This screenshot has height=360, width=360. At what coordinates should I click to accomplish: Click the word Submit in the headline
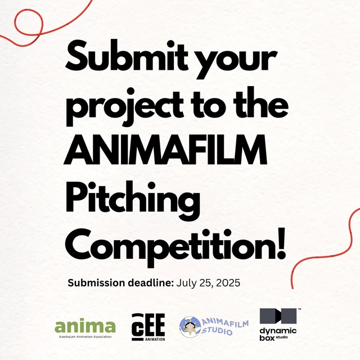tap(127, 56)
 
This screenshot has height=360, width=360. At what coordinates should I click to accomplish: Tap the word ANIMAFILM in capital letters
tap(165, 150)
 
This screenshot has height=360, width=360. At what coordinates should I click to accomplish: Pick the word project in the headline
tap(125, 106)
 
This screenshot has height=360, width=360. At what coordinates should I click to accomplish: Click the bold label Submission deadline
tap(121, 282)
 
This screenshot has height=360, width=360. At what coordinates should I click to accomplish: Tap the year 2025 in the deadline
tap(228, 283)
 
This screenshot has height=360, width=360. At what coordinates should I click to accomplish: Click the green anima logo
tap(85, 326)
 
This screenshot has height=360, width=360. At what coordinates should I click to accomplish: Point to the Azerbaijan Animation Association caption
tap(85, 337)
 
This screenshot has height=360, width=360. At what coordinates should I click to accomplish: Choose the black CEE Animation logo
tap(148, 327)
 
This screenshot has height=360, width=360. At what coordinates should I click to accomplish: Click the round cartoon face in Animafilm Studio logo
tap(190, 327)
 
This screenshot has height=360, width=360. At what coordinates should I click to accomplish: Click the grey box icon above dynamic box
tap(278, 316)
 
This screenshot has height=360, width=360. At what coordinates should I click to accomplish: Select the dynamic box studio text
tap(278, 334)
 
